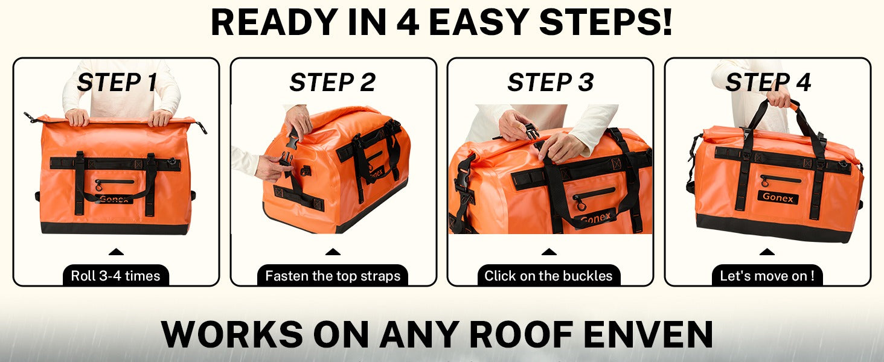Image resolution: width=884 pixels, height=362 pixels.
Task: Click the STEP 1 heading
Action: coord(117,83)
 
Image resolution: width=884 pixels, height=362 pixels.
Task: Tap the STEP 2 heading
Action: coord(333,83)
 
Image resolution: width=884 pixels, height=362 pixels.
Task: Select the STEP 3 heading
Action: coord(551,83)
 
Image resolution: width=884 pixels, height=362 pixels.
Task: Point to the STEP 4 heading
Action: coord(768,83)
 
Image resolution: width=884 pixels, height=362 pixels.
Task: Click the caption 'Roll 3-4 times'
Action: coord(115,276)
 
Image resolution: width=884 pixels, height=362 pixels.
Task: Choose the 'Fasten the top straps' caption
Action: coord(333,276)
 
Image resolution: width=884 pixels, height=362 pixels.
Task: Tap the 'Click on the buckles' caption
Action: coord(548,276)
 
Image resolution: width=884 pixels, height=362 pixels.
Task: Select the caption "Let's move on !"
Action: coord(767,276)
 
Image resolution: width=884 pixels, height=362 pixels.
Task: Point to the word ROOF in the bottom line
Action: coord(521,334)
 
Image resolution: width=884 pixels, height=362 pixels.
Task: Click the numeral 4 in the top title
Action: coord(408,22)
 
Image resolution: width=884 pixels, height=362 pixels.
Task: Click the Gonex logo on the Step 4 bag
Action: coord(778,197)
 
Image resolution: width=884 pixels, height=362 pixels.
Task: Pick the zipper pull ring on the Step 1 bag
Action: coord(98,185)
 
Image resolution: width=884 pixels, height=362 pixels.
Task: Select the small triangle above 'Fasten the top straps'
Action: coord(333,252)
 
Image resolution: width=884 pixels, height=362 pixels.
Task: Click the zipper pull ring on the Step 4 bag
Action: coord(765,182)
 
